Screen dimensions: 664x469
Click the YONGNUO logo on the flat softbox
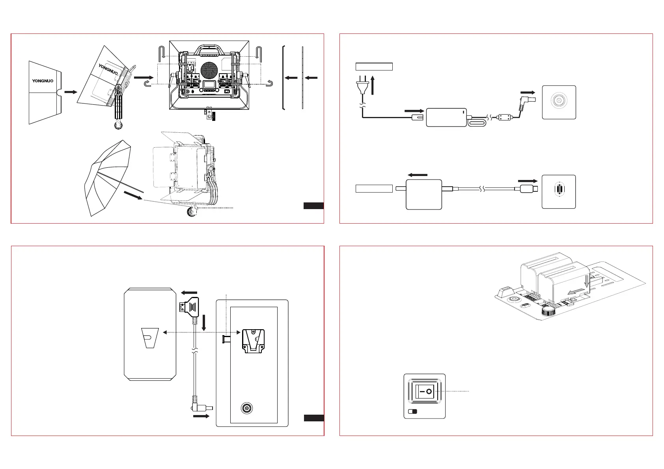43,81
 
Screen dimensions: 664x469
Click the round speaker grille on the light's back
209,70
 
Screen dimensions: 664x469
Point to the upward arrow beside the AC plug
373,85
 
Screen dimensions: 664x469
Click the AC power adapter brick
446,118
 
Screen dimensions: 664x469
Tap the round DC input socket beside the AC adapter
559,100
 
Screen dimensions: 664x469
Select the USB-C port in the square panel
560,189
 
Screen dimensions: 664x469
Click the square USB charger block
423,195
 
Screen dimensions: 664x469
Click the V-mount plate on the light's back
253,341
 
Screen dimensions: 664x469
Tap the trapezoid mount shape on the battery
150,338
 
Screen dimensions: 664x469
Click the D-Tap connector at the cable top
189,307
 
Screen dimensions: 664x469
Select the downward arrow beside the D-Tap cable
203,323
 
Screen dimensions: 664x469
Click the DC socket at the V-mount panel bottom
246,408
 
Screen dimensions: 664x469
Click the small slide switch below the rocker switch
412,412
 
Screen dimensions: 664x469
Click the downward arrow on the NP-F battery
587,281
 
